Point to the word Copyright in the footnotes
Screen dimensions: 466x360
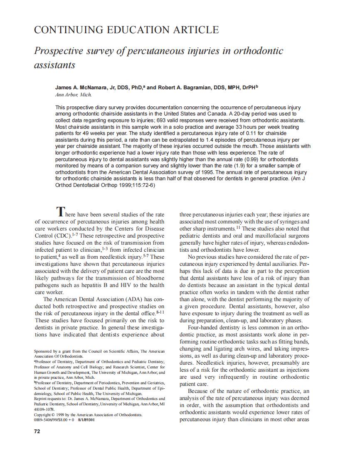(x=44, y=414)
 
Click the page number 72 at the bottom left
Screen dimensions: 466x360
(x=37, y=431)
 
